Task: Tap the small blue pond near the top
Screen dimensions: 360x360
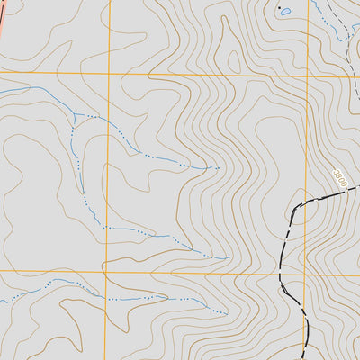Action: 285,13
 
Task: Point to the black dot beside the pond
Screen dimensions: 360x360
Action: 279,7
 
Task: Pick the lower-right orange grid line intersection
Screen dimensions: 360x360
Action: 304,272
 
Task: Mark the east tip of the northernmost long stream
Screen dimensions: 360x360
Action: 219,167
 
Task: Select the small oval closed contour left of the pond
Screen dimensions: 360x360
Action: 235,62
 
